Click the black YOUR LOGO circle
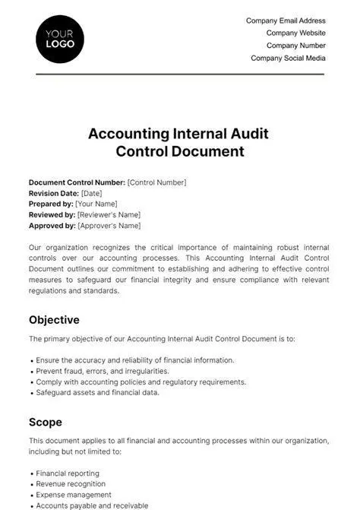[x=60, y=39]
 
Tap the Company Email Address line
[x=286, y=21]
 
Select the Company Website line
[x=295, y=33]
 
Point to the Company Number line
[x=295, y=46]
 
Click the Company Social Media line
[x=288, y=58]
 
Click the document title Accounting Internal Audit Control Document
[x=179, y=142]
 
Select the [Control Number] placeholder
[x=156, y=182]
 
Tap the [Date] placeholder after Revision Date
[x=91, y=193]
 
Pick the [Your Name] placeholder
[x=98, y=204]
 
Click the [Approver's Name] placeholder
[x=109, y=226]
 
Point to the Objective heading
[x=54, y=320]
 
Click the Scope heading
[x=46, y=422]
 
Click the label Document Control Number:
[x=77, y=182]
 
